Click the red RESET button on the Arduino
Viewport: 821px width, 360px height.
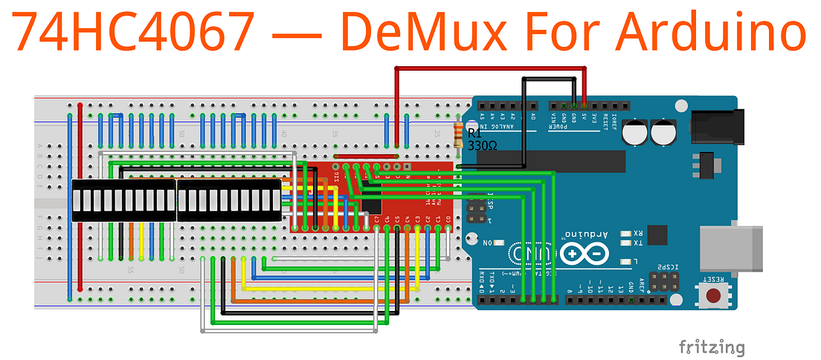click(715, 297)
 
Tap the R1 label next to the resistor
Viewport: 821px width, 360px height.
click(475, 134)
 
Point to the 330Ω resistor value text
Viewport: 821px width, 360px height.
click(482, 147)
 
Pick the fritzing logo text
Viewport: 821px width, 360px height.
click(711, 346)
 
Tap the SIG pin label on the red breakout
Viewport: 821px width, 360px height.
click(337, 176)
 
